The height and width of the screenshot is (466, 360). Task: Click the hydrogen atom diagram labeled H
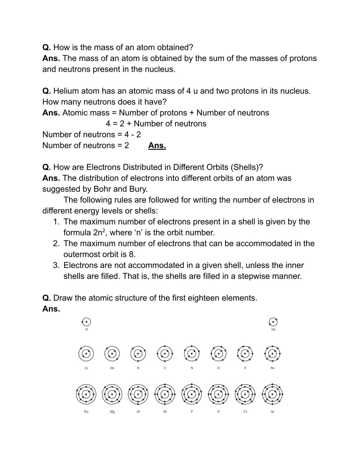(x=86, y=322)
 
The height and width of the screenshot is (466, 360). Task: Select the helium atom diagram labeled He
(x=273, y=322)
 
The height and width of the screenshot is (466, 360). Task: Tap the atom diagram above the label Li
(x=86, y=354)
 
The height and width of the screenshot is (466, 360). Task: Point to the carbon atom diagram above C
(x=165, y=354)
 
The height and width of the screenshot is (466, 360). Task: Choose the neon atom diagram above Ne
(x=272, y=354)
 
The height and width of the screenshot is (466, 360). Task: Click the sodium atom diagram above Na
(x=86, y=394)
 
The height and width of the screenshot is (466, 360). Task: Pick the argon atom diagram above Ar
(x=272, y=394)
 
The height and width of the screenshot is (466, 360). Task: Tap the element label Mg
(x=112, y=412)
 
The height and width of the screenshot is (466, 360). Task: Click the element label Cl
(x=245, y=412)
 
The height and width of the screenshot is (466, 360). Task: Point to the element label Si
(x=165, y=412)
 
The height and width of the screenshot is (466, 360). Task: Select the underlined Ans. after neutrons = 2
(x=157, y=146)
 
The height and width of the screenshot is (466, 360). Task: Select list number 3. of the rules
(x=56, y=265)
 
